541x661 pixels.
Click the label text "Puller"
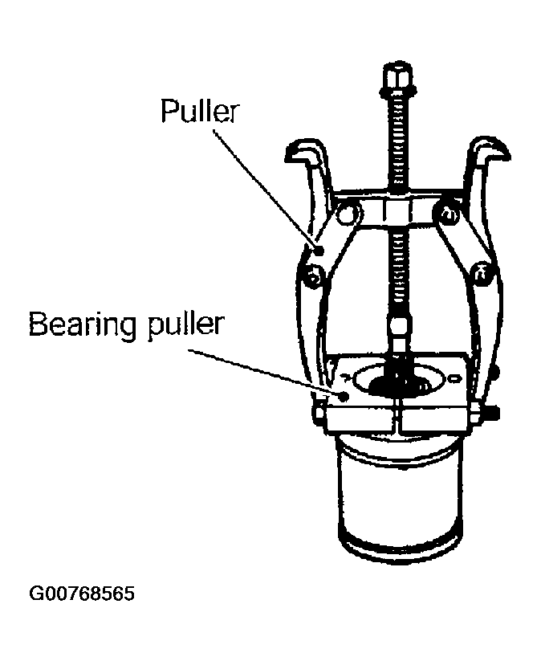click(200, 111)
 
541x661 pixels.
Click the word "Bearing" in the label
click(83, 325)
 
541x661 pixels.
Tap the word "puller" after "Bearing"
click(185, 325)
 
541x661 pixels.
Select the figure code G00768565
click(82, 594)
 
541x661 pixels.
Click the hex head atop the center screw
click(397, 77)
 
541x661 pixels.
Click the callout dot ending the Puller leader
click(319, 251)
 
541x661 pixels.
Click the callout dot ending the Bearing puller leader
click(344, 396)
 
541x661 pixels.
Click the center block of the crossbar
click(397, 210)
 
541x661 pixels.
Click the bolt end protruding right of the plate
click(492, 412)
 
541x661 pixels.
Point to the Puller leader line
click(266, 190)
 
